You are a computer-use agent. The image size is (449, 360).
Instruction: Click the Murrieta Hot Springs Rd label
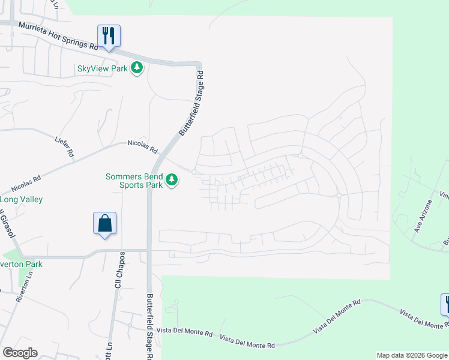coord(58,36)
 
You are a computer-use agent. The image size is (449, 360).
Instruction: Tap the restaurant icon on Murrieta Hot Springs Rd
coord(109,35)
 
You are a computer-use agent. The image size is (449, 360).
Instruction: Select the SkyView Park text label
coord(103,68)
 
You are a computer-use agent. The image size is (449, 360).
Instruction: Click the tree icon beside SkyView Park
coord(137,68)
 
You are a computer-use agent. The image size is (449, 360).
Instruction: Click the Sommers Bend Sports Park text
coord(134,181)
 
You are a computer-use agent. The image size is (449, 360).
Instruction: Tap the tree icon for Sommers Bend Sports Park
coord(172,179)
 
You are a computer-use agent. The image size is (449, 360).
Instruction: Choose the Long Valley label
coord(22,199)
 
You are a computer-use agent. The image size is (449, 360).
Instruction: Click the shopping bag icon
coord(104,223)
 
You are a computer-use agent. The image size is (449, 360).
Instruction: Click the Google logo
coord(20,353)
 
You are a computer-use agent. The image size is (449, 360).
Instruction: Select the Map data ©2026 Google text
coord(411,355)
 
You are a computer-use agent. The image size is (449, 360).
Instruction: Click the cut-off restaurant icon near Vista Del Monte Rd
coord(445,304)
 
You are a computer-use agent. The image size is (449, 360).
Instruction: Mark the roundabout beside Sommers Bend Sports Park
coord(194,172)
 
